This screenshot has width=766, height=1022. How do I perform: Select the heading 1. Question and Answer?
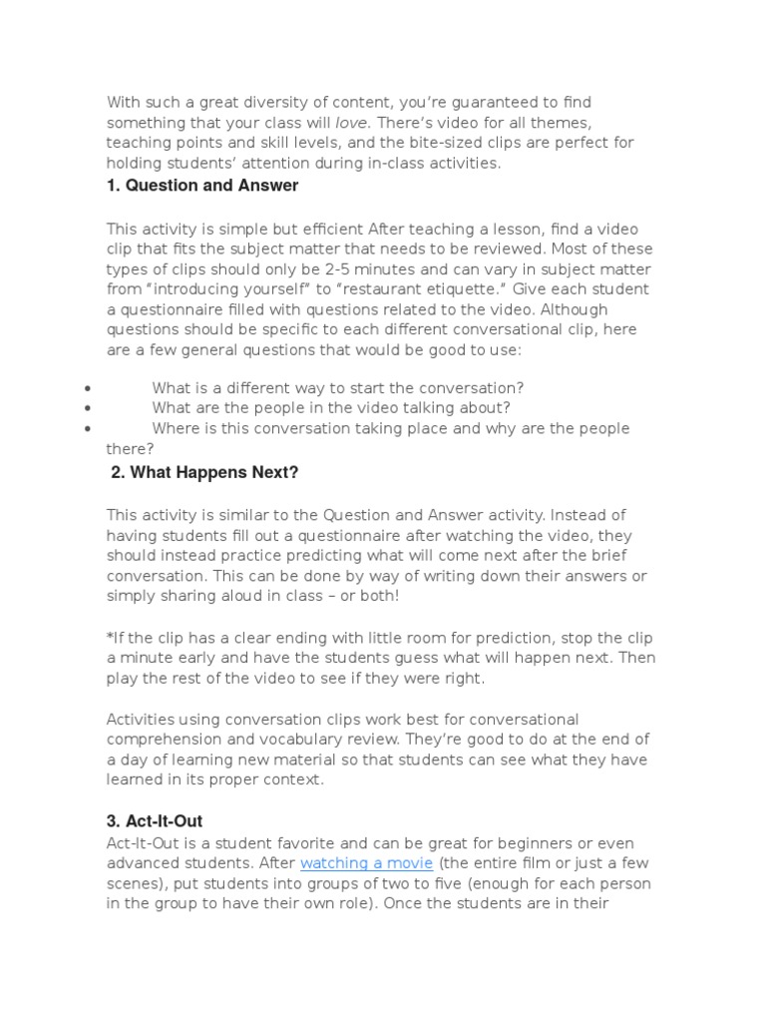(202, 186)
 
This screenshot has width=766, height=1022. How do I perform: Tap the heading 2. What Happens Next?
(204, 473)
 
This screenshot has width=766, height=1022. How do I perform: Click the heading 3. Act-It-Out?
(155, 821)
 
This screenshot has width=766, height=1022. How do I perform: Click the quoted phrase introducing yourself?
(220, 289)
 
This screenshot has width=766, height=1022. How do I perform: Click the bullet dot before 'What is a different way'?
(90, 388)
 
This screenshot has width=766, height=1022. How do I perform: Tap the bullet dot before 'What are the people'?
(90, 408)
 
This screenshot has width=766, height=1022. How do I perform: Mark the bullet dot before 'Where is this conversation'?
(90, 429)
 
